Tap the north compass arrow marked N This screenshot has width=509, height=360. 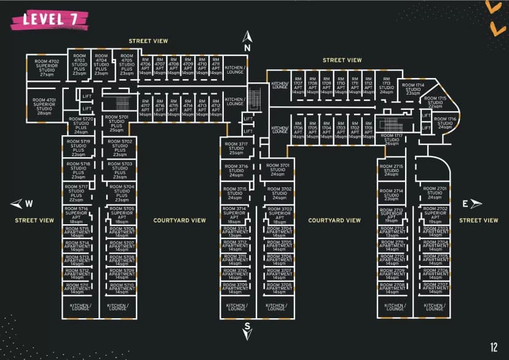click(x=248, y=38)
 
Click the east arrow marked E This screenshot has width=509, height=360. click(x=473, y=205)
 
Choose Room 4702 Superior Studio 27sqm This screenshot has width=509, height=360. click(x=46, y=67)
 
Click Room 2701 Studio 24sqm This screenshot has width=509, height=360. click(x=435, y=193)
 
